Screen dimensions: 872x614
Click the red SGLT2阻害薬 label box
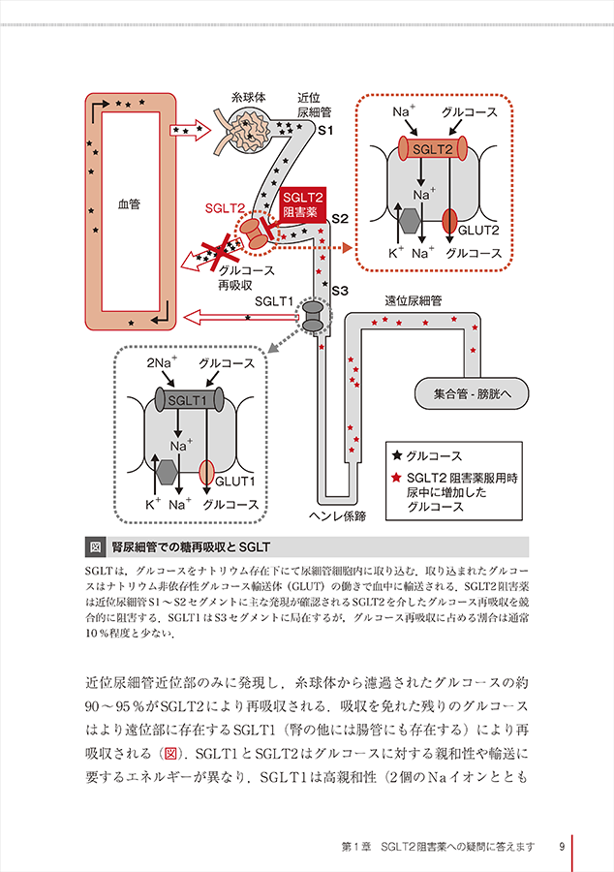pos(301,203)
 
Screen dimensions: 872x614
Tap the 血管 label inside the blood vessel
pos(129,204)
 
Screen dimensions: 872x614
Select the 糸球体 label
pos(249,98)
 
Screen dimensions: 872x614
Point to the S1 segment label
pos(326,130)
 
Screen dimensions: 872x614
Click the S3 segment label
pos(339,291)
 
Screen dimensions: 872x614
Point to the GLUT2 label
pos(477,230)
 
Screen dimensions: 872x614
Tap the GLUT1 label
pos(234,481)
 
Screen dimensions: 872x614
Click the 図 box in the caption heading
pos(95,545)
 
